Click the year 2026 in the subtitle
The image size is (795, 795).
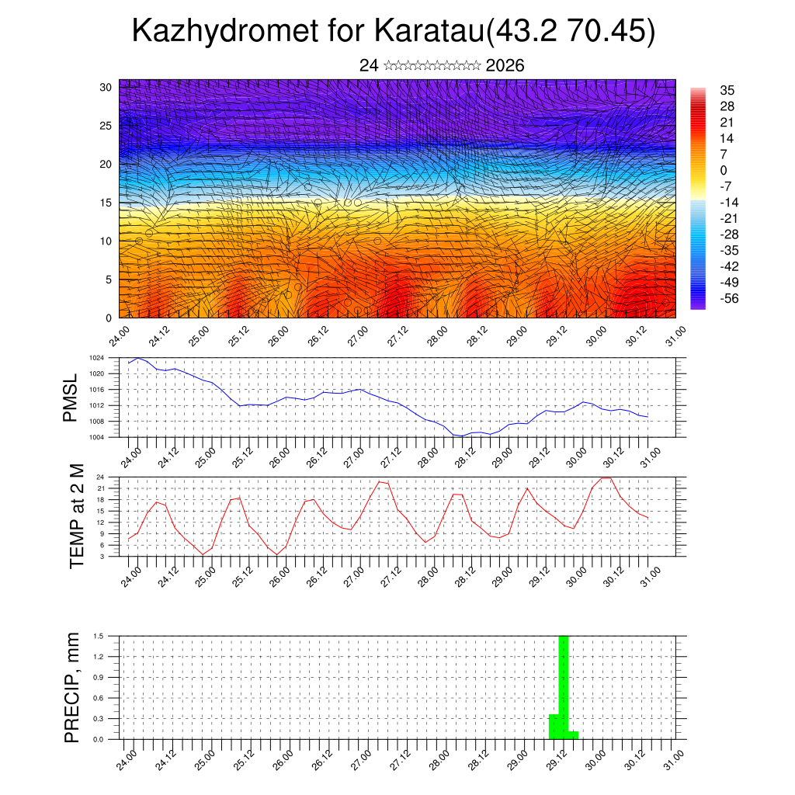(x=505, y=66)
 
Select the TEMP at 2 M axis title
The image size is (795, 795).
(x=76, y=516)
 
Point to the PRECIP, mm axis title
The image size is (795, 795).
(x=72, y=688)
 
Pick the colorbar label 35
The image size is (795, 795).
(x=727, y=91)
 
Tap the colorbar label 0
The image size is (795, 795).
(x=724, y=170)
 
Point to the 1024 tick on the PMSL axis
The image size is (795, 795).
(x=107, y=358)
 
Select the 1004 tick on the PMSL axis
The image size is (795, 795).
(x=107, y=437)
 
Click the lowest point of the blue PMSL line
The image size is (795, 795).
(x=460, y=436)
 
